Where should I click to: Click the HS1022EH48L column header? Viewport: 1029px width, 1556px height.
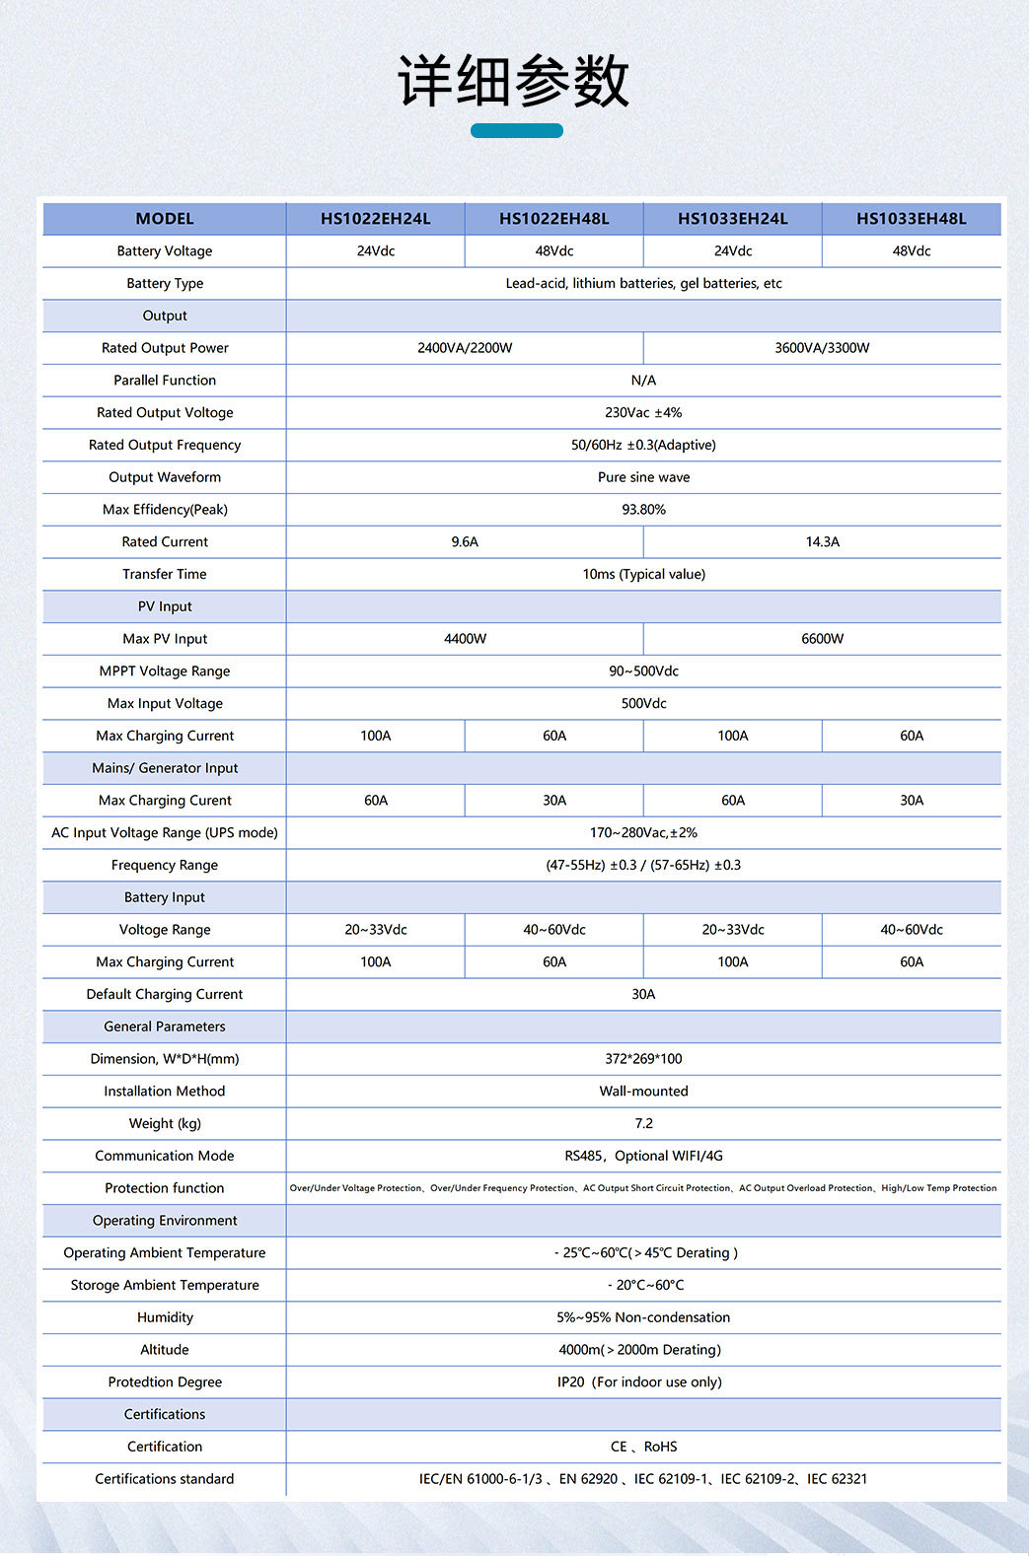[553, 219]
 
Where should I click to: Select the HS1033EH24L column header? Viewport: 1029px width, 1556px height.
[732, 219]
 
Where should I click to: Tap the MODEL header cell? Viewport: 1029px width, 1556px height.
[165, 219]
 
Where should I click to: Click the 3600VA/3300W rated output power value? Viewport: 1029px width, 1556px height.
[822, 348]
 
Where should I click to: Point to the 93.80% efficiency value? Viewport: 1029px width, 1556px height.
[643, 510]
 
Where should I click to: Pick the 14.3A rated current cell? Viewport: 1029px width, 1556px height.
[822, 542]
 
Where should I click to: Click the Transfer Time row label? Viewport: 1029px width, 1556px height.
[165, 574]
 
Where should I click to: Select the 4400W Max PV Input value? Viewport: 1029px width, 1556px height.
[465, 639]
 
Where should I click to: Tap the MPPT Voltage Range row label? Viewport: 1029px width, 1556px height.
[165, 672]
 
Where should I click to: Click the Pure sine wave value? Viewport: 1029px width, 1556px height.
[643, 477]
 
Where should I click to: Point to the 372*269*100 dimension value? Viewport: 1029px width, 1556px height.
[643, 1059]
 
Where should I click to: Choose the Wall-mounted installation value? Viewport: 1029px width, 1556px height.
[643, 1092]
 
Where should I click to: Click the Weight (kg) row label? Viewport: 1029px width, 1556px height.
[165, 1124]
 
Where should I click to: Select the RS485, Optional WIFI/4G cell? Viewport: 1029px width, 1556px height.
[643, 1156]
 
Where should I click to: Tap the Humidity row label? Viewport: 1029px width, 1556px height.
[165, 1317]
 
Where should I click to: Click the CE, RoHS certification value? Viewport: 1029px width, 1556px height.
[643, 1447]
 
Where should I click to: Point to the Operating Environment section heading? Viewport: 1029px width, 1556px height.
[165, 1221]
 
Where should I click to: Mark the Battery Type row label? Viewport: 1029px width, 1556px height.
[165, 283]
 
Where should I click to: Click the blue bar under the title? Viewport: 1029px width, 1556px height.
[516, 130]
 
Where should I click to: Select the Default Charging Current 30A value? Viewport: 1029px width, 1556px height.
[643, 994]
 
